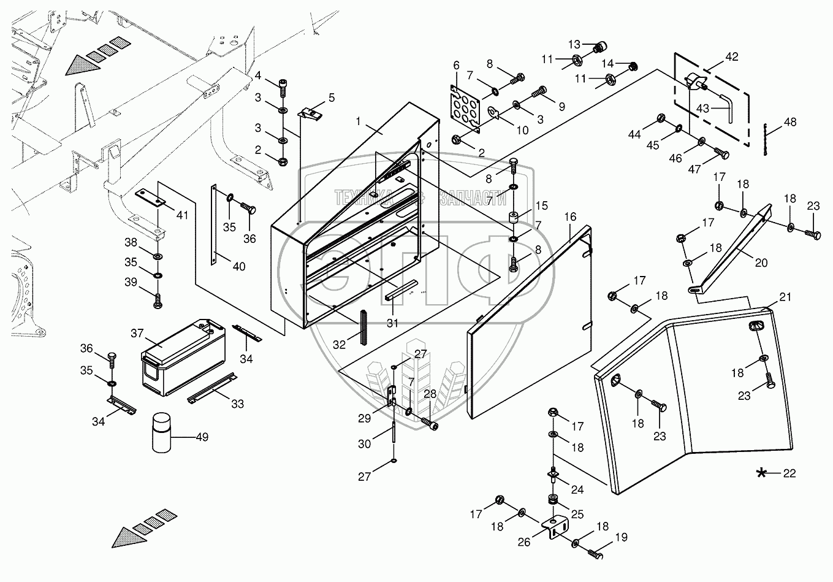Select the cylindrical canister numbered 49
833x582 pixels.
[161, 432]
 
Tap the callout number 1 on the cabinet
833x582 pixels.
[360, 120]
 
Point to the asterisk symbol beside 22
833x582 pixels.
[762, 473]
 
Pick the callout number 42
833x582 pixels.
[731, 57]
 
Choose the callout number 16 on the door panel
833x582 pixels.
[570, 217]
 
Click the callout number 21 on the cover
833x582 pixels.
[785, 297]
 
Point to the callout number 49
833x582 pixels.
[201, 437]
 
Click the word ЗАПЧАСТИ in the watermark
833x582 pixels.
[473, 197]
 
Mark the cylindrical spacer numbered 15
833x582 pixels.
[513, 218]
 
